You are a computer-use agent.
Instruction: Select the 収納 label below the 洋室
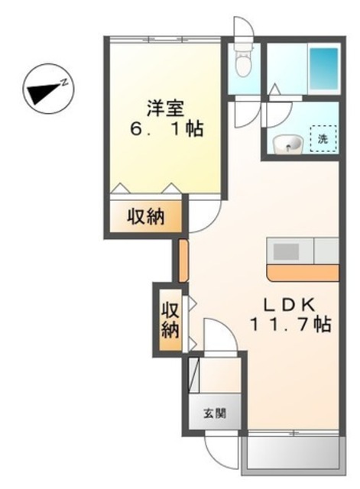point(145,217)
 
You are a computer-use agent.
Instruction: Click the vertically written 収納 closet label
point(170,319)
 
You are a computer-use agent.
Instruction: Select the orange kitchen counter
point(303,273)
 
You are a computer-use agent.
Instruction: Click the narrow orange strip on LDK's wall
point(183,260)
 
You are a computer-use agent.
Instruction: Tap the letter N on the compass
point(66,80)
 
